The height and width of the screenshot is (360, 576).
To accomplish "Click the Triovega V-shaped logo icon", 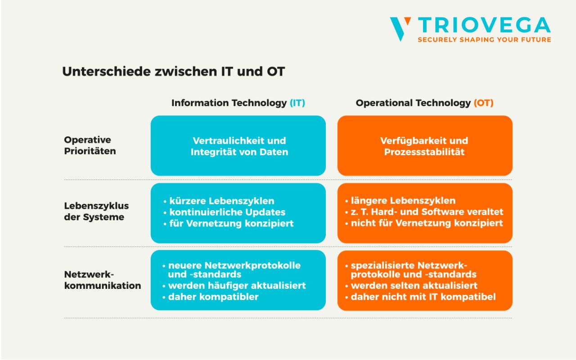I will [400, 28].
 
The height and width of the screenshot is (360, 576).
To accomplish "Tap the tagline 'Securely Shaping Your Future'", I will [484, 40].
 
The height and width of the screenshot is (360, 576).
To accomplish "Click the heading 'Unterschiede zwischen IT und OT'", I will [173, 72].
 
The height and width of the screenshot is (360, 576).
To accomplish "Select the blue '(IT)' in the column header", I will [297, 103].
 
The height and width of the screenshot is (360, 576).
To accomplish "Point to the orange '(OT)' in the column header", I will [483, 103].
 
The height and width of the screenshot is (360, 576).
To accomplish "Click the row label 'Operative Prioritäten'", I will [90, 145].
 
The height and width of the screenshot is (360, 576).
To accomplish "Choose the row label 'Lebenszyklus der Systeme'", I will [96, 211].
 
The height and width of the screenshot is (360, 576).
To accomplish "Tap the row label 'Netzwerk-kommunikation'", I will [102, 280].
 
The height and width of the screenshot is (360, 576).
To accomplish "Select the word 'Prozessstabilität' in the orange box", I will [424, 152].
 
